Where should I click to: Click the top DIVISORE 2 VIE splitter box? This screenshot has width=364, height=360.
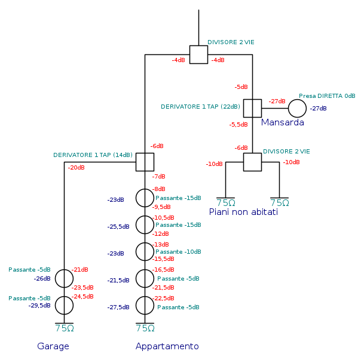click(x=198, y=54)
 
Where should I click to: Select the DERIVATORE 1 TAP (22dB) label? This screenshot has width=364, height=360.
click(x=200, y=107)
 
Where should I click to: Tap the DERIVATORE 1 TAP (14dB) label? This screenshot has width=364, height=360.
click(x=93, y=155)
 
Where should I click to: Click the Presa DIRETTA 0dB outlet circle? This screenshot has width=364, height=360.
click(x=297, y=108)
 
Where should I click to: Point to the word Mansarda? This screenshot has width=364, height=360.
click(x=282, y=122)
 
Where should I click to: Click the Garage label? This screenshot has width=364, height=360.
click(x=53, y=346)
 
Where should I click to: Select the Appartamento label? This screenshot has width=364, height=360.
click(x=167, y=346)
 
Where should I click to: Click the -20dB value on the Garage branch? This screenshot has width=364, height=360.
click(x=76, y=168)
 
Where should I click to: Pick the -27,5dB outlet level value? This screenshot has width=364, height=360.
click(x=118, y=307)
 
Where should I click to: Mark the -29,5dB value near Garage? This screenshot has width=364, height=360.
click(x=39, y=305)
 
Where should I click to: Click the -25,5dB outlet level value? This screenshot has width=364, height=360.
click(x=118, y=227)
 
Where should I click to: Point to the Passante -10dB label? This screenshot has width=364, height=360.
click(x=178, y=252)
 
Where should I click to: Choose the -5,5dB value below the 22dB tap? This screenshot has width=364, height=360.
click(x=238, y=125)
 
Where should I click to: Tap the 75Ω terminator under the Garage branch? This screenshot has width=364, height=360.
click(x=64, y=328)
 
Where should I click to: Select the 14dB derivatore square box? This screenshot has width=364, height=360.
click(x=145, y=162)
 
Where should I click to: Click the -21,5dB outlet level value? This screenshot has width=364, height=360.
click(x=118, y=281)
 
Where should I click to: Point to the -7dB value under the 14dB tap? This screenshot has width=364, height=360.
click(x=158, y=177)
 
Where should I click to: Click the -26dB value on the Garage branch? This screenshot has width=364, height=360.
click(x=42, y=279)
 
